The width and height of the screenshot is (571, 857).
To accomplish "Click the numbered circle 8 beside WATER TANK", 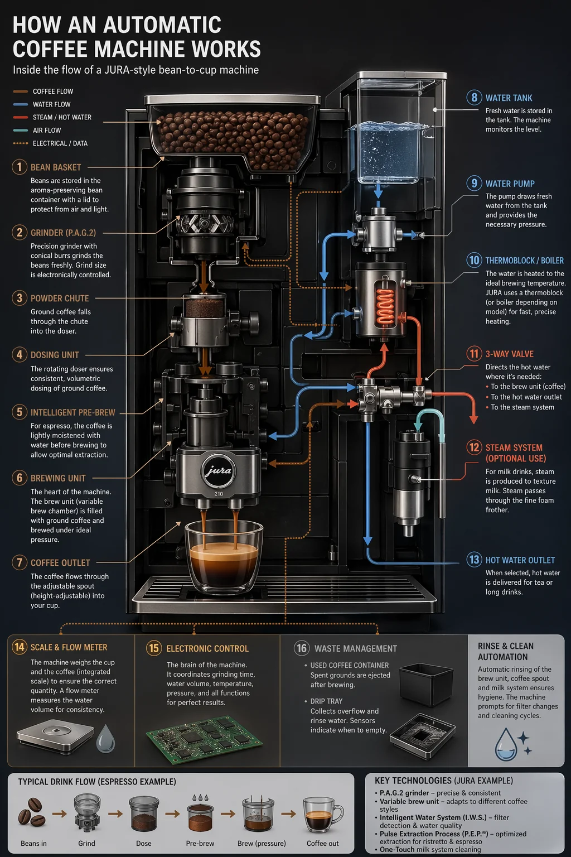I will point(474,98).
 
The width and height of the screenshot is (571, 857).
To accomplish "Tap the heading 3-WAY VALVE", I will point(509,354).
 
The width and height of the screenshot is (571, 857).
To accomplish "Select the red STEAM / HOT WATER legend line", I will point(21,117).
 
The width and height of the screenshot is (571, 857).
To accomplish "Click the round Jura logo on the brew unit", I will point(219,470).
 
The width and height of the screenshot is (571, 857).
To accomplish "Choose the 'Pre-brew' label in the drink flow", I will point(200,843).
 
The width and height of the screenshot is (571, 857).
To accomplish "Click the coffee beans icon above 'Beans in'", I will point(32,812).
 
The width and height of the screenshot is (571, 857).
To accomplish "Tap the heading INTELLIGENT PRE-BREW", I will point(73,412).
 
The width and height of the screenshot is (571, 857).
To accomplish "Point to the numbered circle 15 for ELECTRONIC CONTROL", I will point(153,648).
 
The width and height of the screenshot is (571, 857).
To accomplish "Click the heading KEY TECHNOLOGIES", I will point(443,781).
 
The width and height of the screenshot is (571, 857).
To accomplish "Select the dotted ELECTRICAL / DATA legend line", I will point(21,143).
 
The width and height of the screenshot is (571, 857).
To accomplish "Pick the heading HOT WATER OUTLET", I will point(520,560).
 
